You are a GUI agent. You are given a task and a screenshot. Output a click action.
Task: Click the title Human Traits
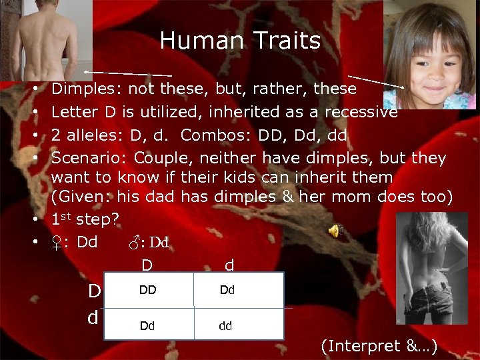pyautogui.click(x=240, y=41)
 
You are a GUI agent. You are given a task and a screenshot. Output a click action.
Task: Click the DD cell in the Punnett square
pyautogui.click(x=148, y=290)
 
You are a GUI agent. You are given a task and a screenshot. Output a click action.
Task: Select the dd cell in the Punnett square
pyautogui.click(x=226, y=326)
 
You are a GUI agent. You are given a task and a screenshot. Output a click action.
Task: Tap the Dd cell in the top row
pyautogui.click(x=227, y=290)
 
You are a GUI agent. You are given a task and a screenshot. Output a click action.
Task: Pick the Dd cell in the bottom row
pyautogui.click(x=148, y=326)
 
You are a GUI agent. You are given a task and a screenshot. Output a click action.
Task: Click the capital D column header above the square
pyautogui.click(x=147, y=265)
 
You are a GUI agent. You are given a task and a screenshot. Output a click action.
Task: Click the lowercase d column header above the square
pyautogui.click(x=229, y=265)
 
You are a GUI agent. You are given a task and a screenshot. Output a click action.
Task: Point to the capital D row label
pyautogui.click(x=95, y=291)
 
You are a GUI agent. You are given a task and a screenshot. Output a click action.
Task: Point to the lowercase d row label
pyautogui.click(x=93, y=317)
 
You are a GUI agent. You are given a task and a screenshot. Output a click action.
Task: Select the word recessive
pyautogui.click(x=361, y=111)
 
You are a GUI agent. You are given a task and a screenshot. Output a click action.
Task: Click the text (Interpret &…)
pyautogui.click(x=379, y=345)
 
